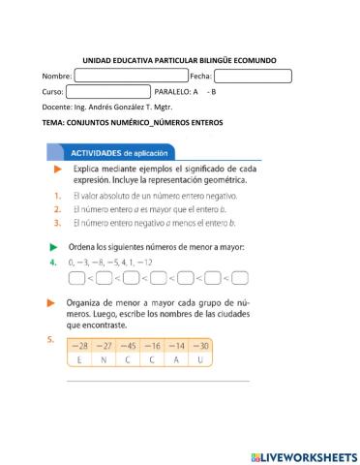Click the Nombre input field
[132, 76]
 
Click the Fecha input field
[253, 76]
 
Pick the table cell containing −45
[126, 346]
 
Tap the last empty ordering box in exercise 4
[240, 278]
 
